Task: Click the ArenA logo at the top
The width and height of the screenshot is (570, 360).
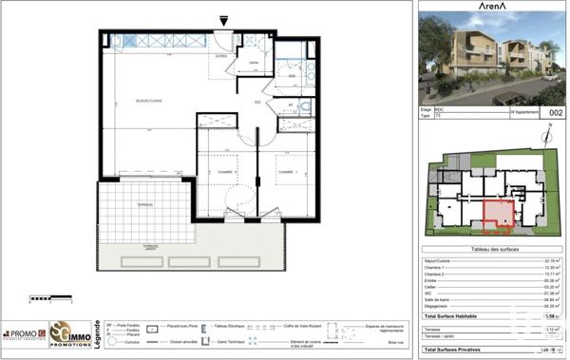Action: [x=491, y=8]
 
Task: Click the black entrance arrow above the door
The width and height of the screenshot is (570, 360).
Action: [x=224, y=20]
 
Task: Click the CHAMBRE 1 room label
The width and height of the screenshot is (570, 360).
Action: [x=287, y=171]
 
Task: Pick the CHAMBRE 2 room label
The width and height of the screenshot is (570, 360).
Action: [x=224, y=171]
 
